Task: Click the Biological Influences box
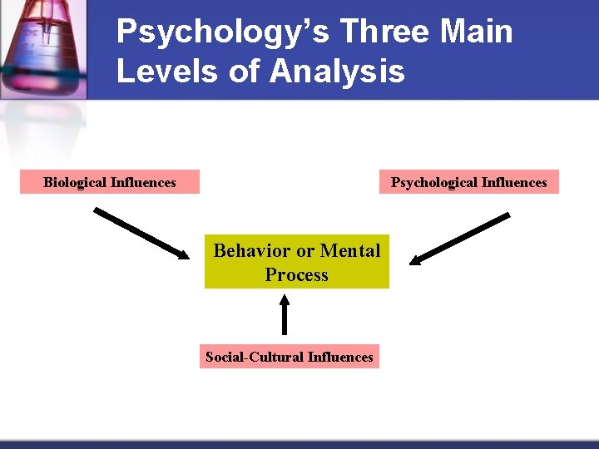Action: [110, 182]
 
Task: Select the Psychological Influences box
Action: [469, 182]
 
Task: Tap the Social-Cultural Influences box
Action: [290, 357]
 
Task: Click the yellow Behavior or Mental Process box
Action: [297, 263]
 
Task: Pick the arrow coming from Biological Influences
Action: [142, 232]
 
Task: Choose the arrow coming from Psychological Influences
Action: [460, 239]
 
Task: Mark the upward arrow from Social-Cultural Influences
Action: [285, 316]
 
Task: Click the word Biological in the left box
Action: [75, 182]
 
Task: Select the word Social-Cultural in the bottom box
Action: [254, 357]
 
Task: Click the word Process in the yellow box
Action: [297, 275]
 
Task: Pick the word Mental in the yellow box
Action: [350, 251]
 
